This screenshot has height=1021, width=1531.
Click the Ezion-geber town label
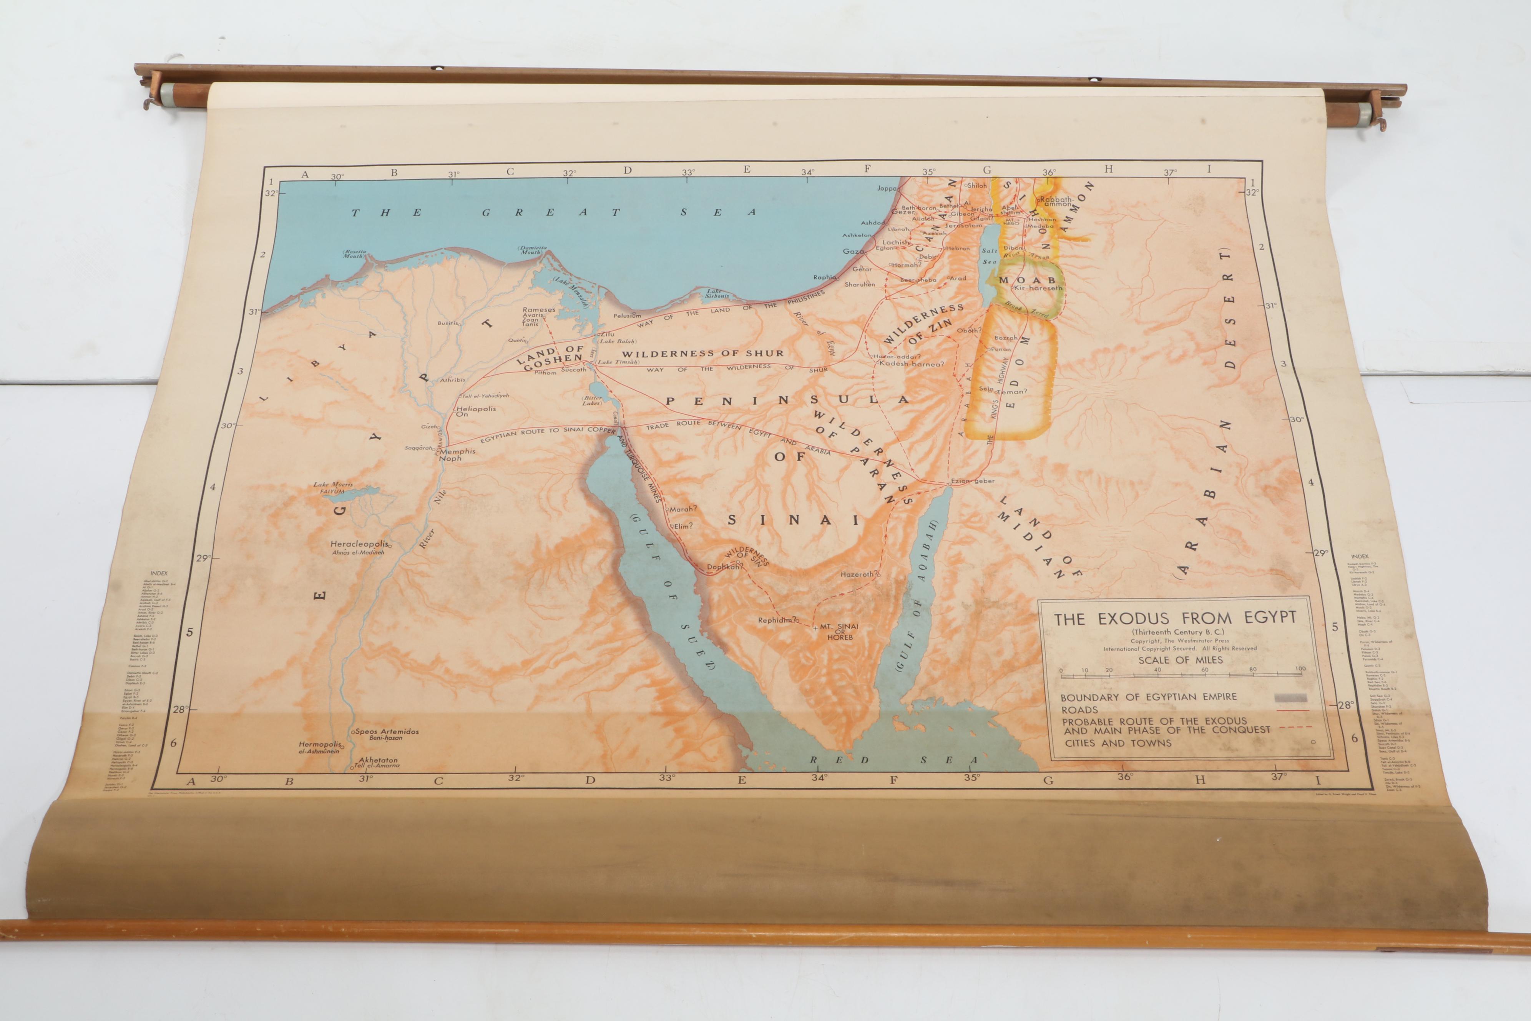coord(973,481)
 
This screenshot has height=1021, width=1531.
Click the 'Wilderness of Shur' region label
coord(702,354)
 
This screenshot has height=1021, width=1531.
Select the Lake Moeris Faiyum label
coord(333,488)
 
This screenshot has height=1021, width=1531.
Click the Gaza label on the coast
coord(853,251)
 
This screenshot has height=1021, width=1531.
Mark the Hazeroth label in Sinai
coord(858,574)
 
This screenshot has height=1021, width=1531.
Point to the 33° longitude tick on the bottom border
coord(667,777)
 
